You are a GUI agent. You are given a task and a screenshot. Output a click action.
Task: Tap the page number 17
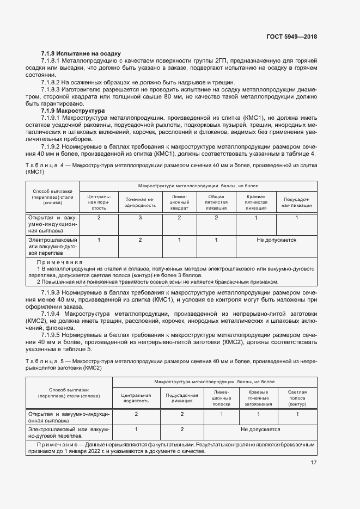[x=313, y=463]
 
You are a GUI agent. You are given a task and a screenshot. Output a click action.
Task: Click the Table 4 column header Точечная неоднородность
[x=139, y=203]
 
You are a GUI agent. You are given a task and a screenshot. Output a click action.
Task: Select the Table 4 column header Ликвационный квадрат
[x=179, y=202]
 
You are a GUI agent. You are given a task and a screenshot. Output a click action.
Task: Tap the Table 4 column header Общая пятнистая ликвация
[x=216, y=202]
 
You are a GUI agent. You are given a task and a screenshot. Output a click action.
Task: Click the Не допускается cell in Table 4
[x=276, y=240]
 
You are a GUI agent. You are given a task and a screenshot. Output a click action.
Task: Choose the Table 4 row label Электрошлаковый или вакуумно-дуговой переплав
[x=53, y=246]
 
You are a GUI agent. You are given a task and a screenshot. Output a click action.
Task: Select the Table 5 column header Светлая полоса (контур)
[x=297, y=398]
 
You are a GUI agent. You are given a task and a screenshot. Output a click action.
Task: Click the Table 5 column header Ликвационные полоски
[x=222, y=398]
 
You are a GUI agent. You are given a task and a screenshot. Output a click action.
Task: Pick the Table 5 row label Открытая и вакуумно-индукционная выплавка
[x=69, y=418]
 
